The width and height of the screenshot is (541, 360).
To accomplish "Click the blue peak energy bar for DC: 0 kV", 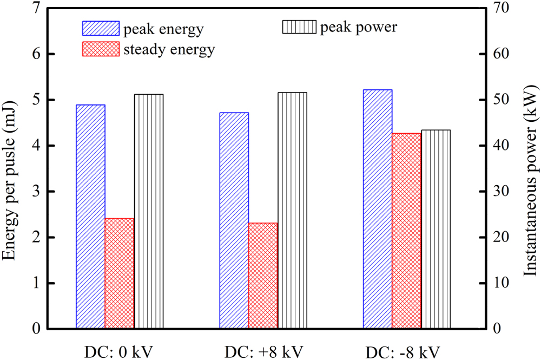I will tap(90, 217).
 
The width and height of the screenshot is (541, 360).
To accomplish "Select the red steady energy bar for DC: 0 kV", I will tap(120, 273).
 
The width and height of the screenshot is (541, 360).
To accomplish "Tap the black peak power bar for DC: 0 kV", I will tap(149, 211).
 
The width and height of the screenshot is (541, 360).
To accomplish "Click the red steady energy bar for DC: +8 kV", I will tap(263, 276).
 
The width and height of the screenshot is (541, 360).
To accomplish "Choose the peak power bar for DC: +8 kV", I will tap(292, 211).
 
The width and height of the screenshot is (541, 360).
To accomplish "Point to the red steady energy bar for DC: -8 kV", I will tap(406, 231).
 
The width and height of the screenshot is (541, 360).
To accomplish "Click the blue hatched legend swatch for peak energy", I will tap(100, 28).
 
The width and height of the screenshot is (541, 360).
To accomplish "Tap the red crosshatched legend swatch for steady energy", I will tap(100, 49).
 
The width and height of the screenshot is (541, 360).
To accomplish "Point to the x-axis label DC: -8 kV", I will tap(406, 352).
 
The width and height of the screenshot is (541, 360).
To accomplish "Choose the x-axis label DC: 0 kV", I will tap(120, 352).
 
